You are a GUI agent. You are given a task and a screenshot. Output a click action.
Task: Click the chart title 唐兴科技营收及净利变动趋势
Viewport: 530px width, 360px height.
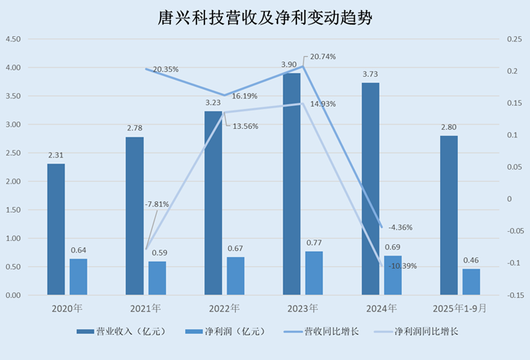265,18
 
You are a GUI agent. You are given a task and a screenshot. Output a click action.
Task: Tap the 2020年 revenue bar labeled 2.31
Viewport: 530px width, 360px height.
56,229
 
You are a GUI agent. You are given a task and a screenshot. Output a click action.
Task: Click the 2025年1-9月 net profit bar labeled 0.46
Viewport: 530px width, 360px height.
471,282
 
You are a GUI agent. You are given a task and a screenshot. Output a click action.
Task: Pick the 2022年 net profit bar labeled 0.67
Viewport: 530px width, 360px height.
236,276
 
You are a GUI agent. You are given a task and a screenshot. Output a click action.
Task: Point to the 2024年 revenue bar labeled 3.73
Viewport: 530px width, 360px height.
370,189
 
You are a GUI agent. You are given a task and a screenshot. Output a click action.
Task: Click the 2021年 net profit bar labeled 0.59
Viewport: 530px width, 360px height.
157,278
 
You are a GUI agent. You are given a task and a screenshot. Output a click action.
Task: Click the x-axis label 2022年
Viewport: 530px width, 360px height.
224,308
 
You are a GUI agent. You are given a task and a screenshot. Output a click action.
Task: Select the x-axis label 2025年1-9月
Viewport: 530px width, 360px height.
459,308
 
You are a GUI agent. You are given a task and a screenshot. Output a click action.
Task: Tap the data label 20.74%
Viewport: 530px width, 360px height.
323,57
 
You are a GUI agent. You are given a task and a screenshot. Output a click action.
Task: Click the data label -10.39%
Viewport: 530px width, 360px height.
403,266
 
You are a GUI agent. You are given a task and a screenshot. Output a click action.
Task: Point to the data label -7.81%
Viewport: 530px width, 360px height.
158,204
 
